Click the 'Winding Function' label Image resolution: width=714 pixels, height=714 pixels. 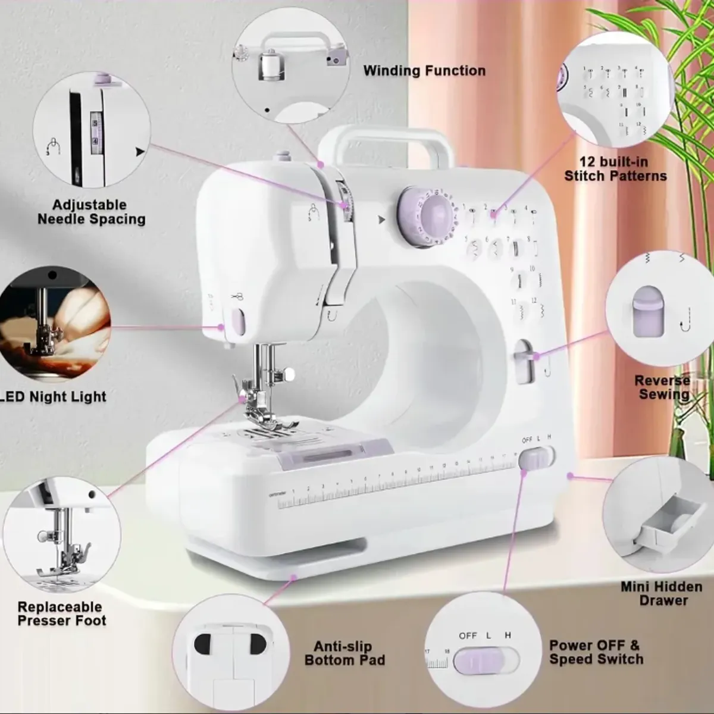(x=424, y=71)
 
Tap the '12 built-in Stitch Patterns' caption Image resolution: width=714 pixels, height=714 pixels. (x=615, y=169)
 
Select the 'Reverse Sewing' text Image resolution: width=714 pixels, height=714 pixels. (x=662, y=387)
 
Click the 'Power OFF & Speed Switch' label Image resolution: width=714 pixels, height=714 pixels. (x=596, y=652)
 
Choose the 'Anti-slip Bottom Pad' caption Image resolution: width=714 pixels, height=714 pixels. (x=345, y=653)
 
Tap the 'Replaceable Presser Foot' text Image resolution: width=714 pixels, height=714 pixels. (x=61, y=613)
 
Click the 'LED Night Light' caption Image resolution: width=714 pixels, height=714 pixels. (x=54, y=397)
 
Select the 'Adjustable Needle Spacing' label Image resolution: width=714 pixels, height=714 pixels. (x=91, y=212)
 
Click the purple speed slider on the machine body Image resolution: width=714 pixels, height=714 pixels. (x=531, y=459)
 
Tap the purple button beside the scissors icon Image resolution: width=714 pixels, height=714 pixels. (x=237, y=322)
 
